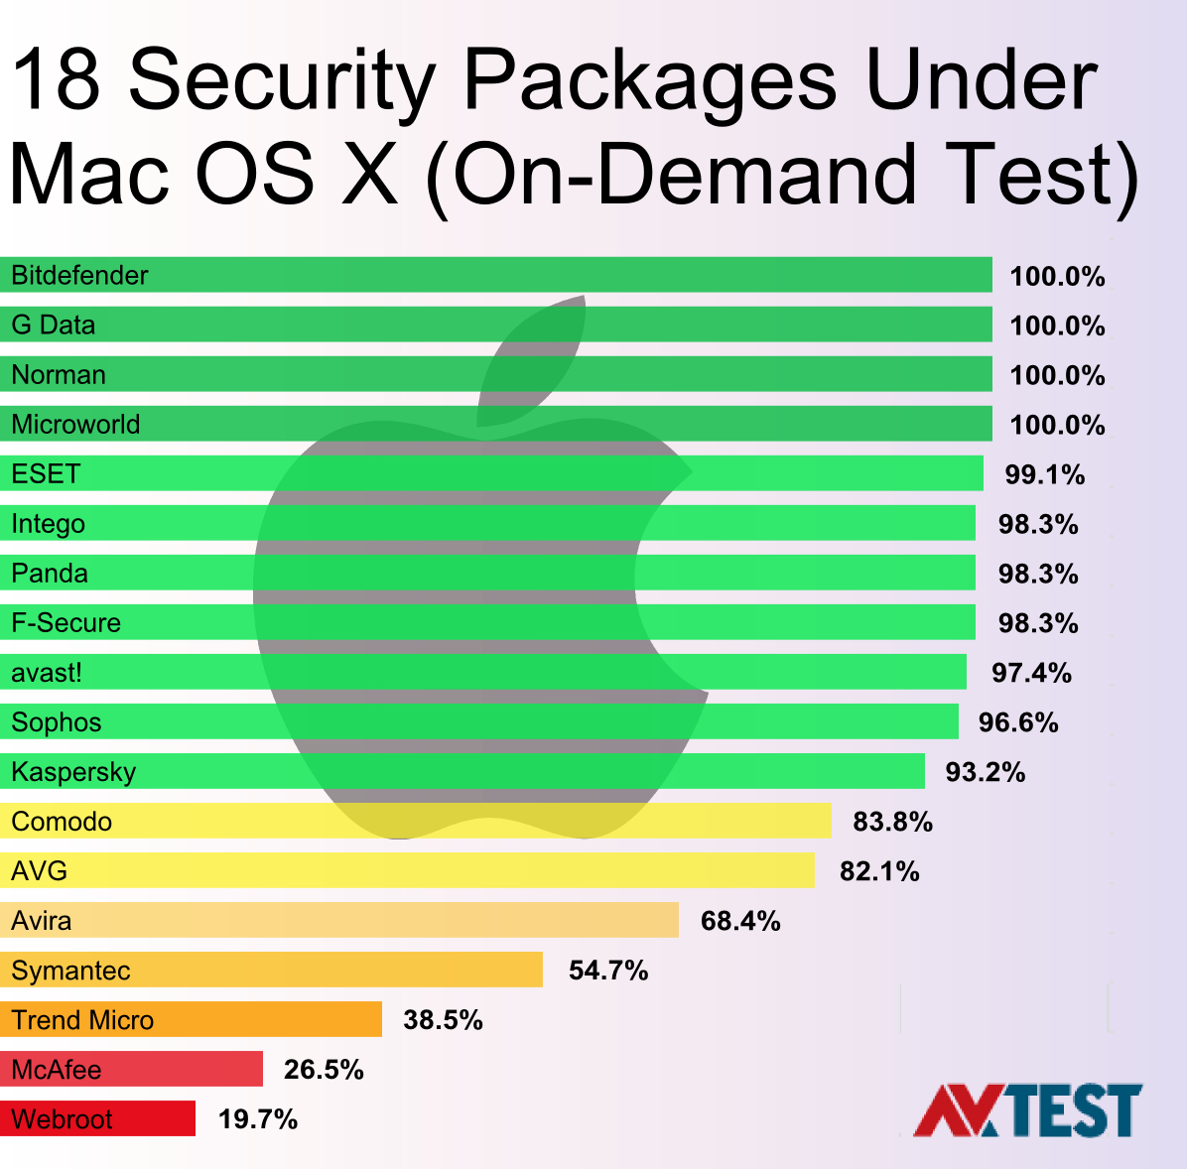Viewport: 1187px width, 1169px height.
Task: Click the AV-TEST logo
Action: point(1027,1110)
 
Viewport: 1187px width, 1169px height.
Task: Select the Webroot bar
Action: point(99,1118)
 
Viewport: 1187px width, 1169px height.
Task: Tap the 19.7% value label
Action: point(258,1119)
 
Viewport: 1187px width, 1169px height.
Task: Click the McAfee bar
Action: point(134,1069)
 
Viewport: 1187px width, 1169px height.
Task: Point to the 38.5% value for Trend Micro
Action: point(443,1020)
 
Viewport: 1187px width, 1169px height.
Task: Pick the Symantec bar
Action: point(273,970)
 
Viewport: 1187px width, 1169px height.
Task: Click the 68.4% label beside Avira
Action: point(740,921)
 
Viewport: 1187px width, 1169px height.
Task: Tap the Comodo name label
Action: point(62,822)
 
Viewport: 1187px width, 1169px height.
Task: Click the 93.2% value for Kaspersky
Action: point(985,772)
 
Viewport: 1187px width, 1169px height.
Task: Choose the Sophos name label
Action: point(57,722)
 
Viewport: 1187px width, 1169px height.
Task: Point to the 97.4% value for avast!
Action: point(1031,673)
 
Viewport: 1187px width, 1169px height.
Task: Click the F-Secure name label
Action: point(66,623)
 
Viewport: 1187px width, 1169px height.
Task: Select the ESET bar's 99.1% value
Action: point(1044,474)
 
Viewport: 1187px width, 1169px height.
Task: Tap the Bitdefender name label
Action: point(79,275)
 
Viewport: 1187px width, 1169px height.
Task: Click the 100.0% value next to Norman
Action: point(1057,375)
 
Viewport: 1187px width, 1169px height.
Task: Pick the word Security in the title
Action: point(283,81)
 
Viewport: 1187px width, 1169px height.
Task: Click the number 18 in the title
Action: point(57,81)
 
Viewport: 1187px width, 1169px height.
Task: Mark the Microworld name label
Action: point(75,425)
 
